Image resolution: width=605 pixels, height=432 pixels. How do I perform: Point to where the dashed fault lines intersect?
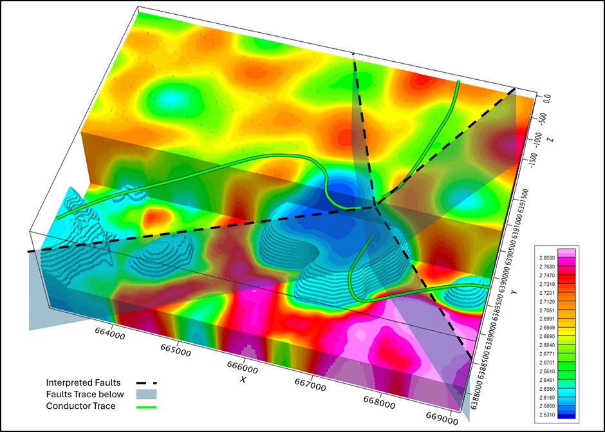pos(375,206)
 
